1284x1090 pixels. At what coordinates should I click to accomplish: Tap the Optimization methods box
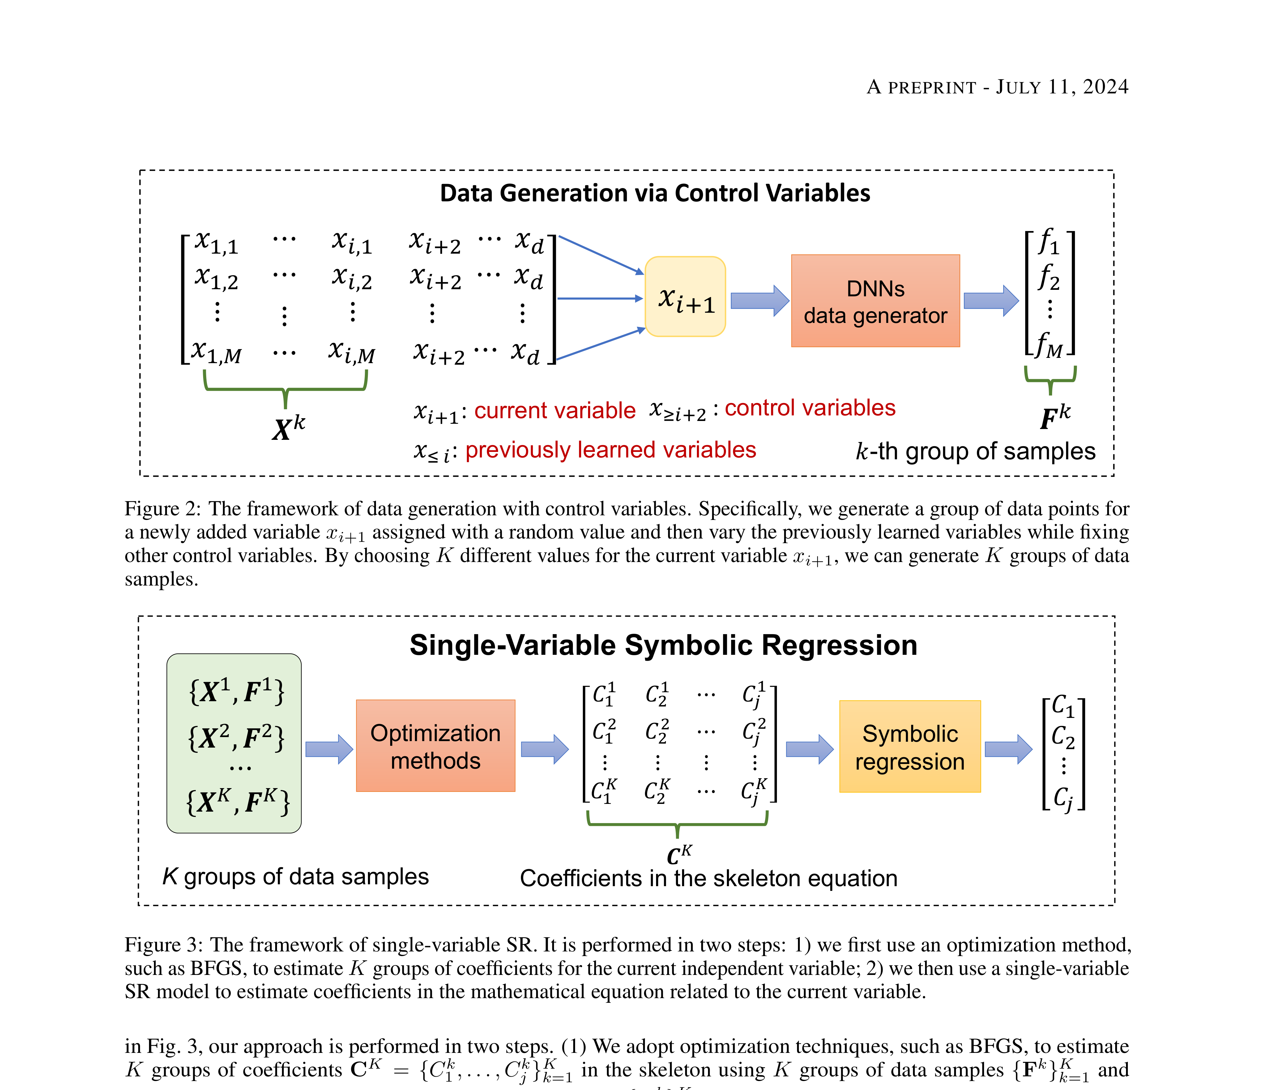tap(435, 746)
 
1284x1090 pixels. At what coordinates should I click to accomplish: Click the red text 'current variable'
tap(555, 410)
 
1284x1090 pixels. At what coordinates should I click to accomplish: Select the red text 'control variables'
tap(810, 408)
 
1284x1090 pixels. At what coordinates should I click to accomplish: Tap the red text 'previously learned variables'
tap(610, 450)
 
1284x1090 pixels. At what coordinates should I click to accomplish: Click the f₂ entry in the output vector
tap(1049, 277)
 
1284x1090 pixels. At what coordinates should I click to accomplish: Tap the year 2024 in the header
tap(1106, 87)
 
